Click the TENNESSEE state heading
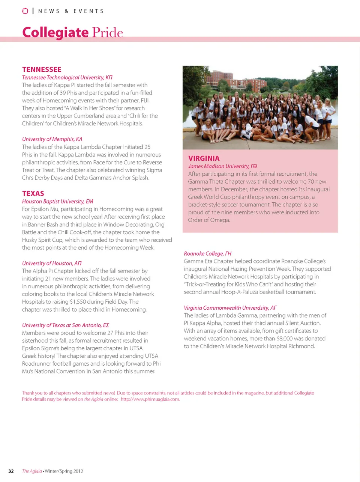42,69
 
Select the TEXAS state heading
33,193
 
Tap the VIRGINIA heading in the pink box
204,158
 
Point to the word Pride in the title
108,33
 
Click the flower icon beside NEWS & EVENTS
25,11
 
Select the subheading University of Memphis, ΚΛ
52,139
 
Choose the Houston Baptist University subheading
57,201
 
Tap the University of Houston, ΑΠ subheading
52,263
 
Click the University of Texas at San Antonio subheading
65,325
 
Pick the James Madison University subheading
222,166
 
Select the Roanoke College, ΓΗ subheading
207,253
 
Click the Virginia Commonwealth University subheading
230,308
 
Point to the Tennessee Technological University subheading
67,77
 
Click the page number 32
11,471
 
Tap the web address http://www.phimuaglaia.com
150,399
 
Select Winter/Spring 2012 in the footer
64,471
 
